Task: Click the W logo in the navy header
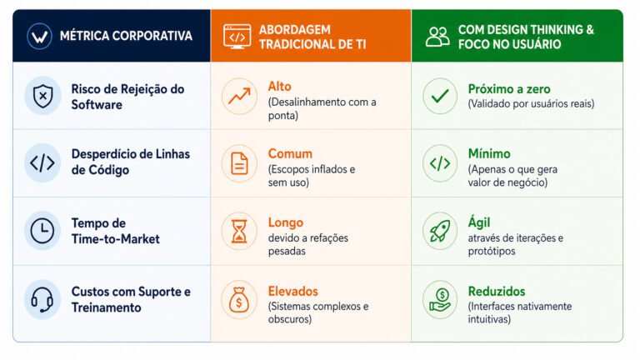tap(39, 37)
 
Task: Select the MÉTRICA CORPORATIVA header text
tap(126, 36)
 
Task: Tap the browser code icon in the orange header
tap(237, 37)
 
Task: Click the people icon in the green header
tap(437, 37)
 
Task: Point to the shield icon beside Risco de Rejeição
tap(42, 96)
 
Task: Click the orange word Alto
tap(280, 87)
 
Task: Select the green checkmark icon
tap(440, 96)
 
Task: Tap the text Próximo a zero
tap(509, 89)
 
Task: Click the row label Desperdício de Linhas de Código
tap(131, 162)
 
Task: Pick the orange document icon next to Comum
tap(239, 163)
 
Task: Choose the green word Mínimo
tap(489, 154)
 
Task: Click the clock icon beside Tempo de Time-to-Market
tap(42, 231)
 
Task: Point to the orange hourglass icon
tap(239, 231)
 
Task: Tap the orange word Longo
tap(286, 222)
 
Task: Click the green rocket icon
tap(440, 231)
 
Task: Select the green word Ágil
tap(479, 222)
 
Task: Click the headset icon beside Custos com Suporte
tap(42, 300)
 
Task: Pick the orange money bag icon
tap(239, 300)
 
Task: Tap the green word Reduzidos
tap(497, 292)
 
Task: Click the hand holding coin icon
tap(440, 300)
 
